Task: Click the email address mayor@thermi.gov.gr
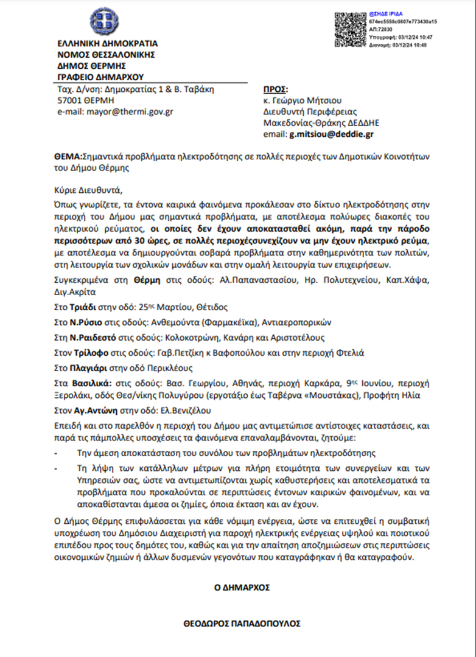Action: coord(116,112)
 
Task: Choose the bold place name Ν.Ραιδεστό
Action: coord(87,338)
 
